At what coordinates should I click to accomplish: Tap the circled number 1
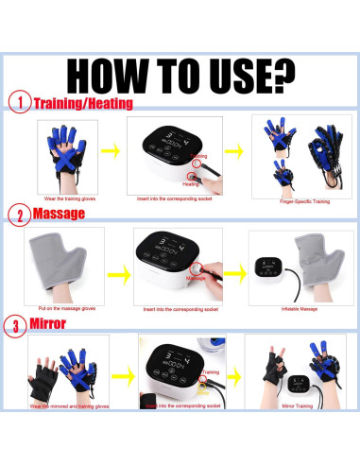(18, 102)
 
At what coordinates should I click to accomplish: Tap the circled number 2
(18, 215)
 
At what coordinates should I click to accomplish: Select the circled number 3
(18, 327)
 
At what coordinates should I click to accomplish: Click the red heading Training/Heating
(83, 103)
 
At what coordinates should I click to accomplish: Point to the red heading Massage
(59, 215)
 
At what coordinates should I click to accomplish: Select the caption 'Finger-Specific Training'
(295, 200)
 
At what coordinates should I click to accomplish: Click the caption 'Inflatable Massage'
(296, 308)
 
